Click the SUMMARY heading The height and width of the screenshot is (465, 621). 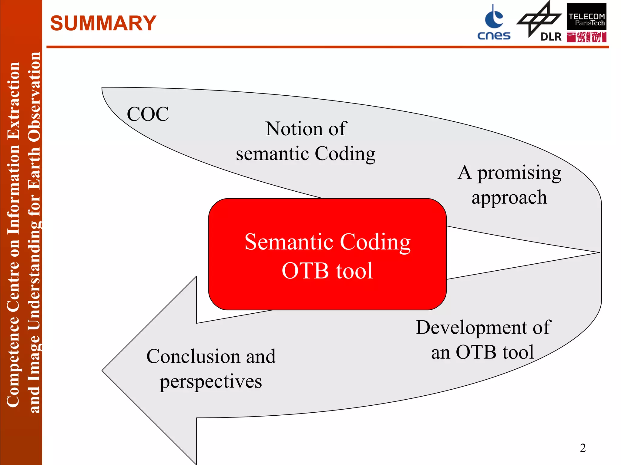click(x=103, y=23)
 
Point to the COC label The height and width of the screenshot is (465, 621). click(x=148, y=114)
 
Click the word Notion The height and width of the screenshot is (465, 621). click(x=294, y=129)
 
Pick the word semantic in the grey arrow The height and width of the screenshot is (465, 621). click(x=272, y=153)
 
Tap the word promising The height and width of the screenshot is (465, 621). click(x=519, y=173)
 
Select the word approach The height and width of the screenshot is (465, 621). click(x=509, y=198)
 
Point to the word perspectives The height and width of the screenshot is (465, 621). click(x=211, y=381)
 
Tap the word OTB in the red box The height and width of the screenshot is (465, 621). click(x=305, y=270)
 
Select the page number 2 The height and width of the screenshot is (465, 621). click(x=582, y=448)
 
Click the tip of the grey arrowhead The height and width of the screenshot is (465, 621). click(x=102, y=370)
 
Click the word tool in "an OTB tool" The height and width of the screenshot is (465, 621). click(x=518, y=352)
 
